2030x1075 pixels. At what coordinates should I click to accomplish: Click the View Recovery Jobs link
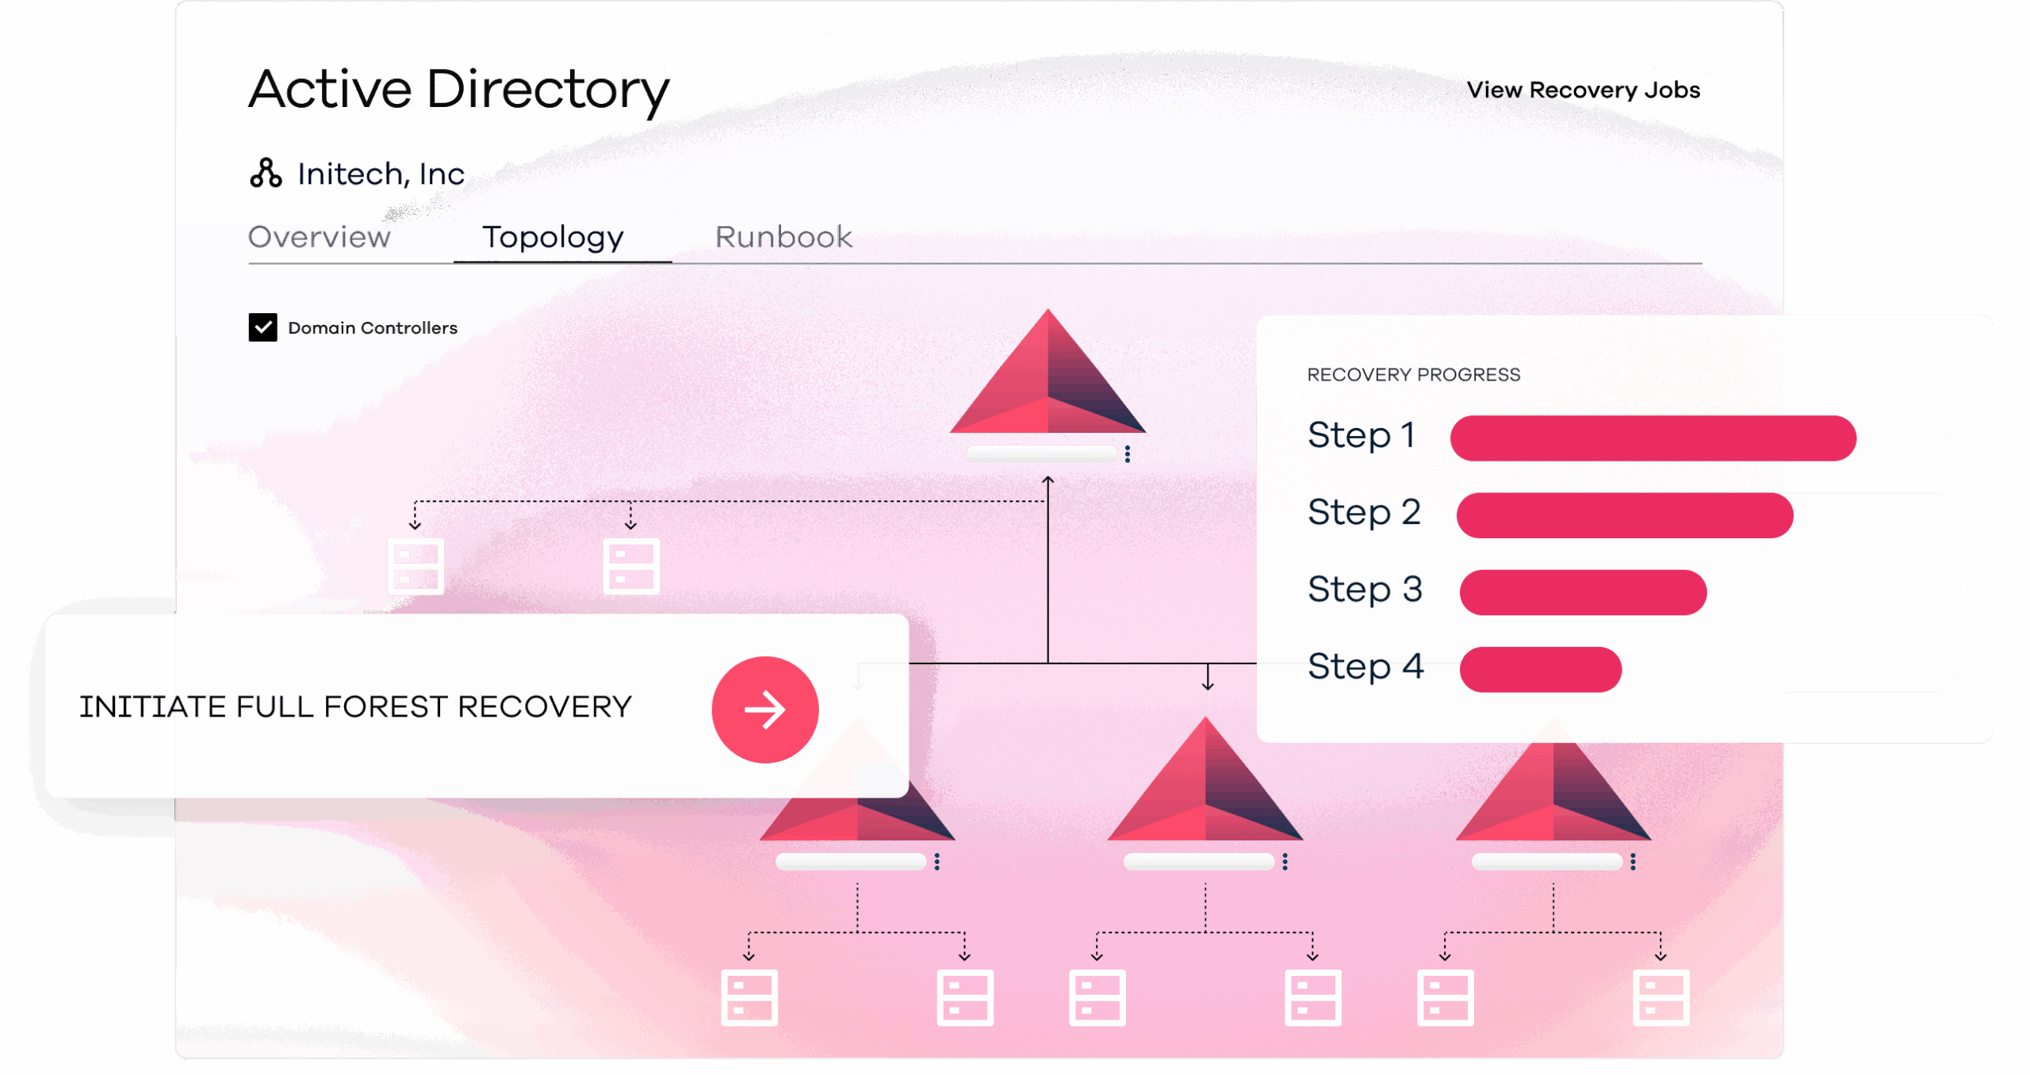click(x=1583, y=90)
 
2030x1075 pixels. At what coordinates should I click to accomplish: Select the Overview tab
click(x=319, y=236)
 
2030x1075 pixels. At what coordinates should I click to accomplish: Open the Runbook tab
click(x=783, y=236)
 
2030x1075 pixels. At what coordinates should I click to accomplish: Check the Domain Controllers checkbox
click(x=262, y=327)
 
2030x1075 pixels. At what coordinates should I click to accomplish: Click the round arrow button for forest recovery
click(x=764, y=710)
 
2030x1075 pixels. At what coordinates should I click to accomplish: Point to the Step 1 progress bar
click(x=1653, y=438)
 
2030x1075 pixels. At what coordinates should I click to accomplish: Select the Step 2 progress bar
click(x=1625, y=515)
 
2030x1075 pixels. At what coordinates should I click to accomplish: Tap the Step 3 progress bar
click(x=1583, y=592)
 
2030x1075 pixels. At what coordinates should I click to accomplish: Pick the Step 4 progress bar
click(x=1540, y=669)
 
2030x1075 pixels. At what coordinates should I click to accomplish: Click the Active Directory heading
click(x=459, y=90)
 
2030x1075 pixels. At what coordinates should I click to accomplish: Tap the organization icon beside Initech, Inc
click(x=266, y=173)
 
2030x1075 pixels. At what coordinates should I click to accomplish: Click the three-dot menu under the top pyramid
click(x=1127, y=453)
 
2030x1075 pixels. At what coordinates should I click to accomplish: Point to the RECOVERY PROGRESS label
click(x=1414, y=374)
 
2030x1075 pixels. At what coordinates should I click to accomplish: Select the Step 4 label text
click(x=1365, y=666)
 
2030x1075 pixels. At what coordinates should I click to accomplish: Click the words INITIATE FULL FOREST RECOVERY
click(x=355, y=706)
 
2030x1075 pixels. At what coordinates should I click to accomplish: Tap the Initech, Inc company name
click(x=381, y=174)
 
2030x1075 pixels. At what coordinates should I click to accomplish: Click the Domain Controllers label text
click(x=373, y=327)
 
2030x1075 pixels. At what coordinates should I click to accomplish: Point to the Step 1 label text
click(x=1362, y=435)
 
